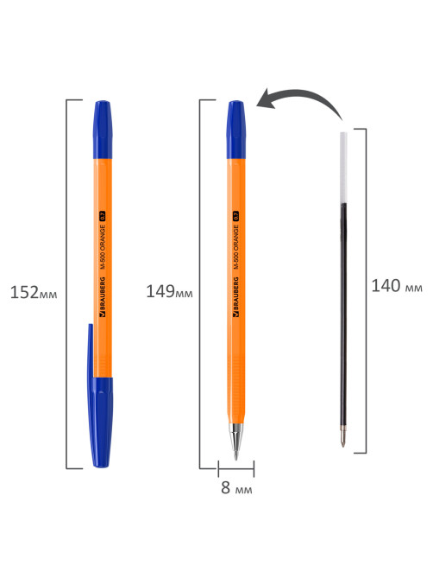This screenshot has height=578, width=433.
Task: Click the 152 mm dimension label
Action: coord(34,293)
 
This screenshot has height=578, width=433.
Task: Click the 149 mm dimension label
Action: coord(169,291)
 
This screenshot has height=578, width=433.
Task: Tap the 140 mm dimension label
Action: coord(397,286)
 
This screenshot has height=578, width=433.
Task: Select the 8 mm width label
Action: coord(236,487)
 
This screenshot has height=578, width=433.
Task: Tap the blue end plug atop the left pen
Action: coord(103,130)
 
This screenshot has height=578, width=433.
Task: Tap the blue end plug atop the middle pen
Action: coord(235,130)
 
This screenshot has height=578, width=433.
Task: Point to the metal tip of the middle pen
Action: coord(235,441)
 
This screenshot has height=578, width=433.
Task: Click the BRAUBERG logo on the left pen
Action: coord(103,297)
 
